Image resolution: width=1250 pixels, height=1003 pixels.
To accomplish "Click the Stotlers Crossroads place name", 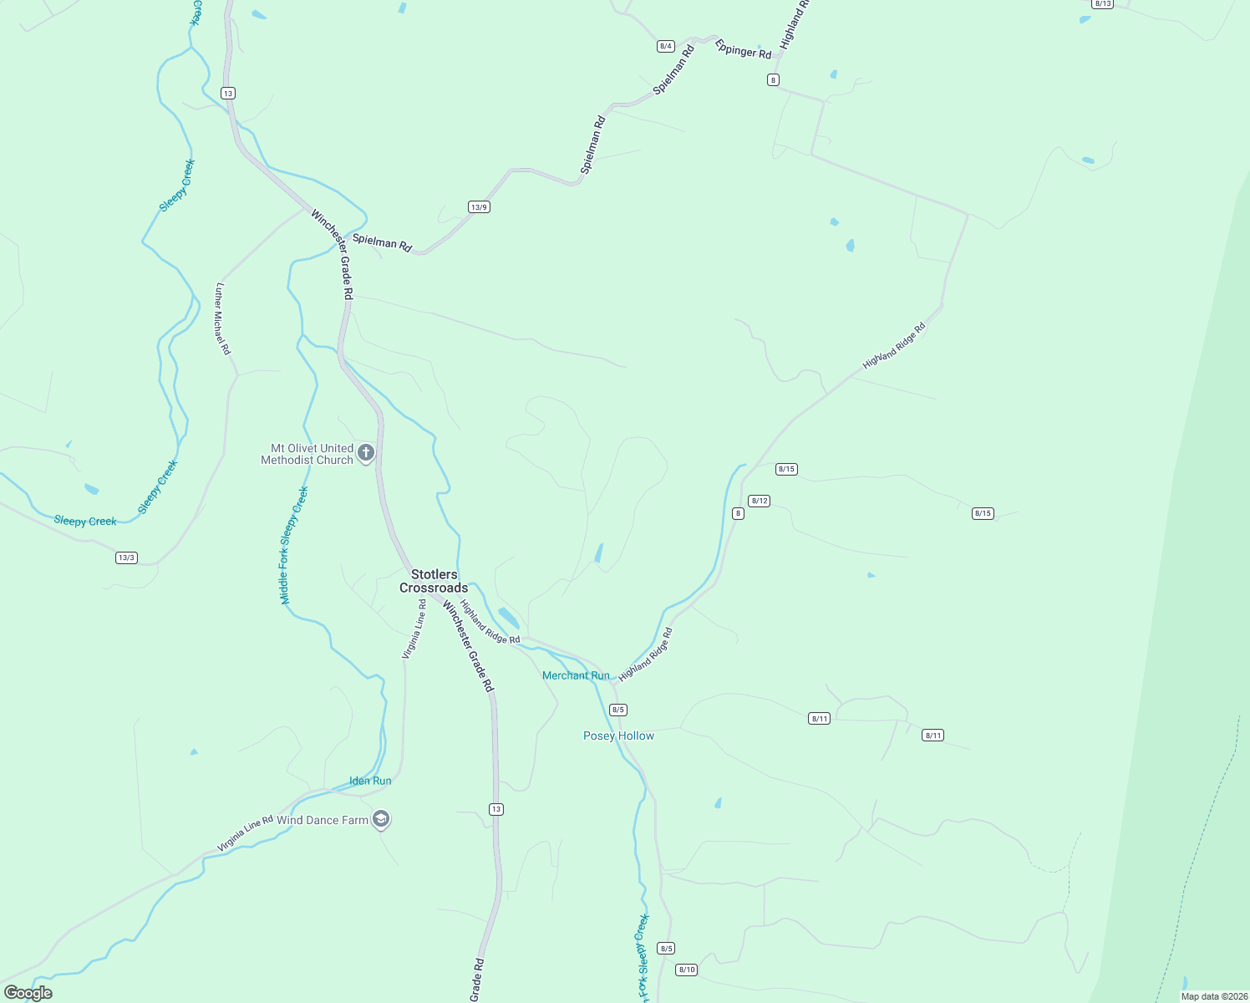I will [x=434, y=581].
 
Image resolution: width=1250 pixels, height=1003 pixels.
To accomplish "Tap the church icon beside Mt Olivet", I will [x=365, y=454].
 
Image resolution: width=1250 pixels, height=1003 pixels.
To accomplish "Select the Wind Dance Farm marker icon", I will [x=381, y=819].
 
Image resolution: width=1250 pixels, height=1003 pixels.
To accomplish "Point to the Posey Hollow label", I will [x=618, y=736].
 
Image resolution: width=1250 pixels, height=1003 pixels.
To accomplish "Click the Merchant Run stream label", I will [x=576, y=675].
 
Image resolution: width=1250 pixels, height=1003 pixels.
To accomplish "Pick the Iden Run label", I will [x=370, y=781].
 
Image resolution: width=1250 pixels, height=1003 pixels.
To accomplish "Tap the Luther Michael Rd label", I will [x=222, y=318].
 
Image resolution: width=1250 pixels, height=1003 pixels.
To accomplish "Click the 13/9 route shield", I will [x=479, y=207].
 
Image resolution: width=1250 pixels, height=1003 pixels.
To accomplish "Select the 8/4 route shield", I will [x=666, y=46].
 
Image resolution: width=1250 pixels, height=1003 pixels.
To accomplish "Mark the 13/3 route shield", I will [x=126, y=558].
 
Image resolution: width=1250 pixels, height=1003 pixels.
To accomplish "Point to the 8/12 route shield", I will [x=759, y=501].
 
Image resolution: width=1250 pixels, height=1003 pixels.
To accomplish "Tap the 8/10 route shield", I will [x=687, y=970].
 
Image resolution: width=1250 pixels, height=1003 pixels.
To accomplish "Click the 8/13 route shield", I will [x=1103, y=4].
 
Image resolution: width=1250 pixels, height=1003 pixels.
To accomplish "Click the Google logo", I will [x=28, y=993].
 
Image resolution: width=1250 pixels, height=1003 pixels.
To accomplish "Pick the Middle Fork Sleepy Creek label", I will [x=293, y=545].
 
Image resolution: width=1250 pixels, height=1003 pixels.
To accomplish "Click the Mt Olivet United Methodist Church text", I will [x=307, y=454].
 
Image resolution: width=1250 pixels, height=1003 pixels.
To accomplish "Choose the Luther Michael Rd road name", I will [x=222, y=318].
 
